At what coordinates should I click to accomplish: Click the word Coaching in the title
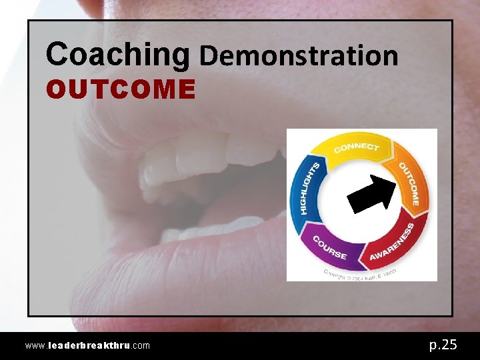point(117,55)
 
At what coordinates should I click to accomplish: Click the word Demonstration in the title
point(299,56)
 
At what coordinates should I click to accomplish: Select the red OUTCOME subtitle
point(121,89)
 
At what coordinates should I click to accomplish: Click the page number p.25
point(443,344)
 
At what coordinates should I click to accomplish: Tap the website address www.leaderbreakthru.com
point(87,345)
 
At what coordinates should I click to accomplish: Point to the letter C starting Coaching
point(58,55)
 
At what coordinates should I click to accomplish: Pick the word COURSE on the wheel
point(330,247)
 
